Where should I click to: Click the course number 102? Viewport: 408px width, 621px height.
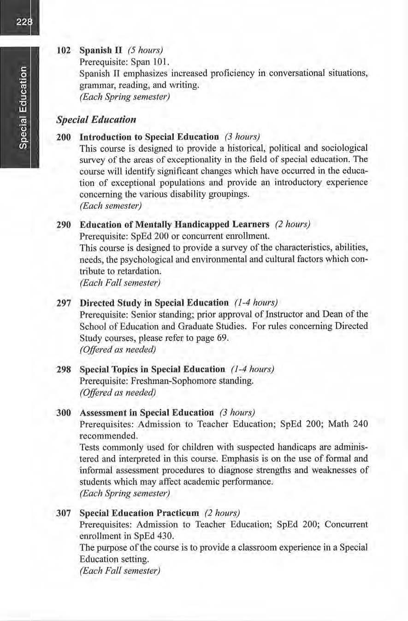[x=63, y=49]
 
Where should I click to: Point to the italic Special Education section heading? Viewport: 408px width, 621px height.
[x=96, y=120]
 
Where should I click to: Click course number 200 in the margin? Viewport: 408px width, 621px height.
[x=63, y=137]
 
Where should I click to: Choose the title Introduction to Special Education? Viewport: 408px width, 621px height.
[x=149, y=137]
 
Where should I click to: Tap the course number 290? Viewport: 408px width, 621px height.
[x=63, y=225]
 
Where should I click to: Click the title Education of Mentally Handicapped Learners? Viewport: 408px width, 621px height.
[x=174, y=225]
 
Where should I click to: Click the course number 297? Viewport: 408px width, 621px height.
[x=63, y=303]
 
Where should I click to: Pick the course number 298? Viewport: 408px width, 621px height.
[x=63, y=370]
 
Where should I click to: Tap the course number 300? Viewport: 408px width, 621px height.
[x=63, y=412]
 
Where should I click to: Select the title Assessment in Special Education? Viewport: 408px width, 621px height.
[x=147, y=412]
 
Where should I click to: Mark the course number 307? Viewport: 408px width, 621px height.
[x=63, y=513]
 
